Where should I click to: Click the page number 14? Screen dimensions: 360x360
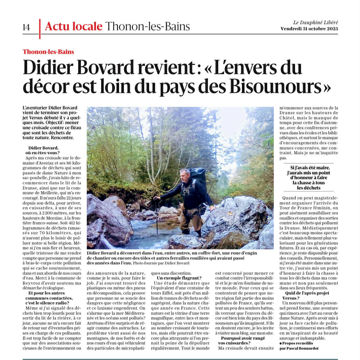click(27, 27)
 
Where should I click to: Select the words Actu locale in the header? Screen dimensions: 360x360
click(74, 26)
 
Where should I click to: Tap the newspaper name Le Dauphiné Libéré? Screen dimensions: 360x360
click(316, 22)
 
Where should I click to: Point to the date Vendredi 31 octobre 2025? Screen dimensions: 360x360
click(309, 29)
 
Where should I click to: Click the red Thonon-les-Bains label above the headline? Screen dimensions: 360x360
click(48, 52)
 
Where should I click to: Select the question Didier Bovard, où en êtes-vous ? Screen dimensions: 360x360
click(44, 151)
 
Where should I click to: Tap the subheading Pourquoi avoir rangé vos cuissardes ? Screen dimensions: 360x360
click(238, 340)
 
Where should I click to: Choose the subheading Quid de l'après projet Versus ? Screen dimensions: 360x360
click(302, 295)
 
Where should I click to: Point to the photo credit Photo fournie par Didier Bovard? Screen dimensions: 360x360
click(161, 263)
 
